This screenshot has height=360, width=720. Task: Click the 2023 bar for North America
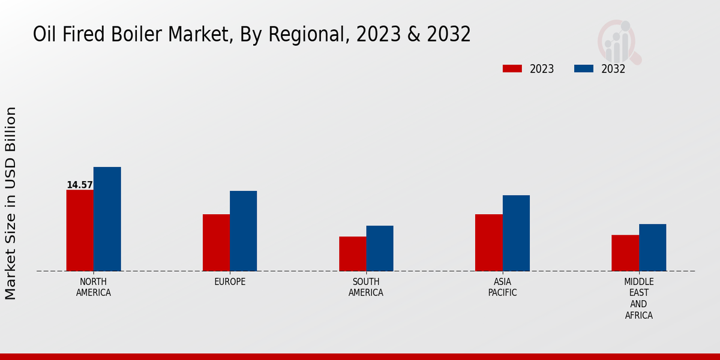[x=80, y=230]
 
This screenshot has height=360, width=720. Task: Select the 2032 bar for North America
[x=107, y=219]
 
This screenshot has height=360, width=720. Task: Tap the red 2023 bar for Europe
[x=216, y=242]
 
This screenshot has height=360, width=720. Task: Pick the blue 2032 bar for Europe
[x=243, y=231]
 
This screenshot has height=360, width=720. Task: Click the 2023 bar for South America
[x=352, y=254]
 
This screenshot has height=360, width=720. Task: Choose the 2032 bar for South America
[x=380, y=248]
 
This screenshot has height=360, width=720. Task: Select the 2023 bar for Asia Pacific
[x=488, y=242]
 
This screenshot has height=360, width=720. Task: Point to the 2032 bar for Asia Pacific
[x=516, y=233]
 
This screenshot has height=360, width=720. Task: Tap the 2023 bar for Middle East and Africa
[x=625, y=253]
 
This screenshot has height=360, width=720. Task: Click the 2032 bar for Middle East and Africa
[x=652, y=247]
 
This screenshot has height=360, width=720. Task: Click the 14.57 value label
[x=80, y=185]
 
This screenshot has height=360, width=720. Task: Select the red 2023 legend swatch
[x=512, y=68]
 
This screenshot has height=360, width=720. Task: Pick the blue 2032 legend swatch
[x=584, y=68]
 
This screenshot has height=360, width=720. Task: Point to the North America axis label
[x=94, y=287]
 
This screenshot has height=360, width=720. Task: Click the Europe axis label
[x=230, y=282]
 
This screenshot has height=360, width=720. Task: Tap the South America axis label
[x=366, y=287]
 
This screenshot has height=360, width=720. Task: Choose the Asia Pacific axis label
[x=502, y=287]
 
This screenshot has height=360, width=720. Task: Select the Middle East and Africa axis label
[x=638, y=298]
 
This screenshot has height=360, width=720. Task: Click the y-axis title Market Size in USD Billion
[x=11, y=203]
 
